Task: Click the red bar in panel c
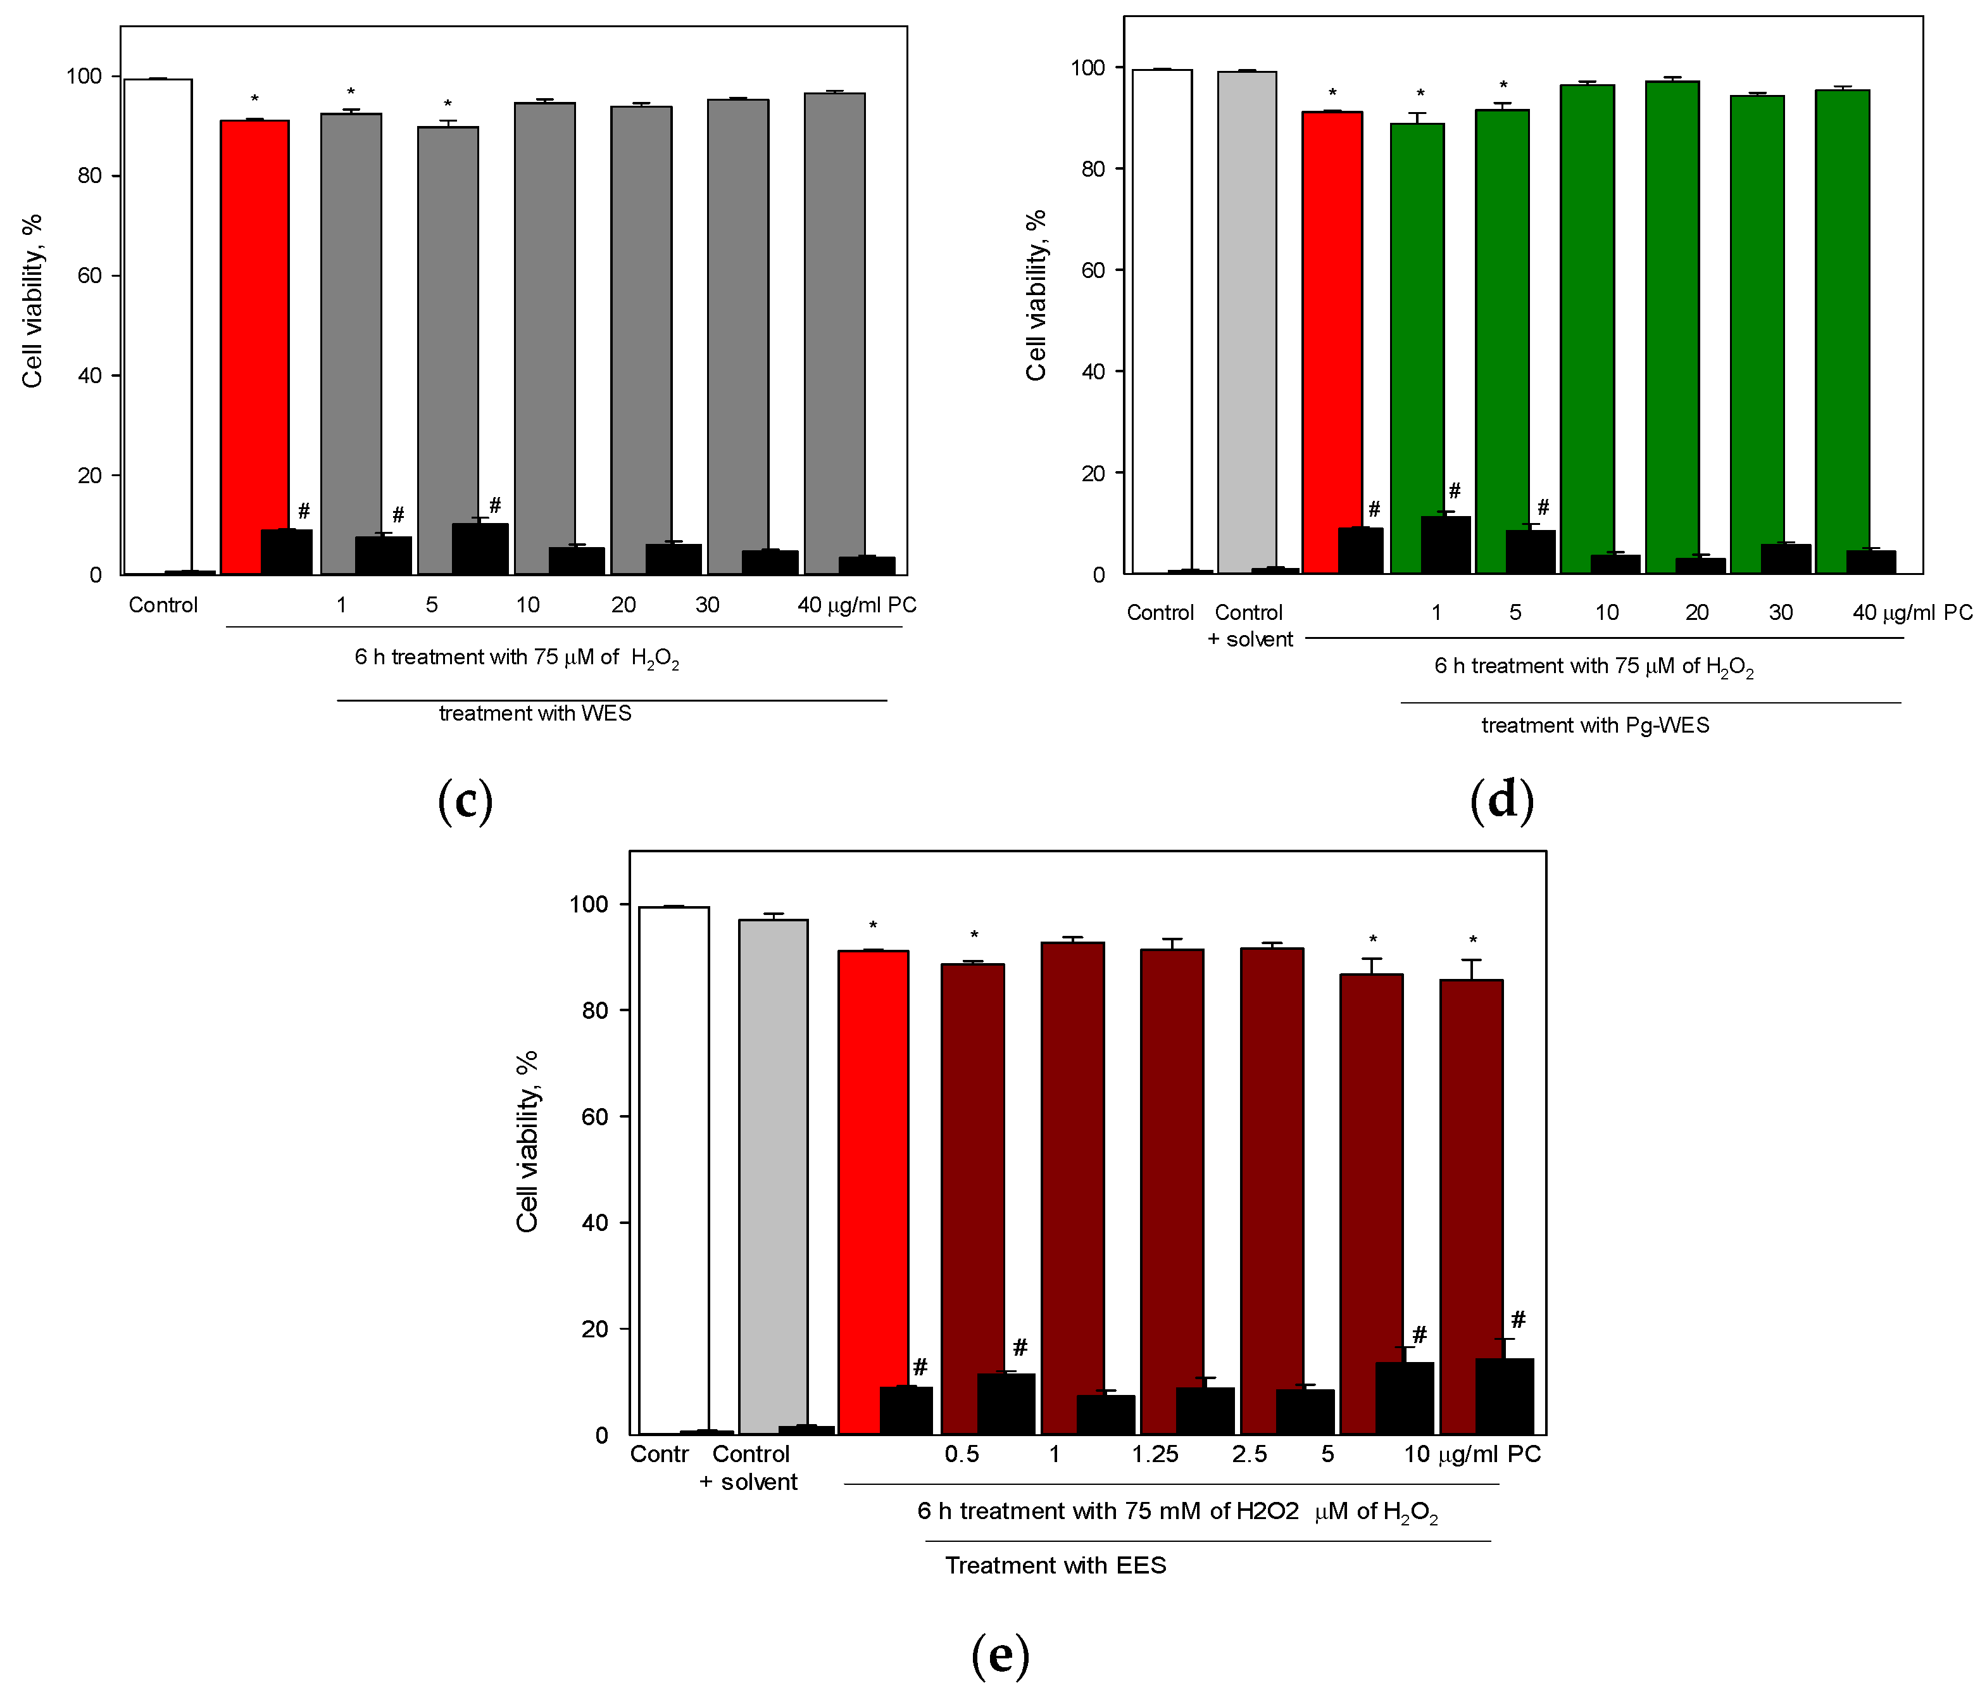(254, 344)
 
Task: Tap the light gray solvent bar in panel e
(773, 1176)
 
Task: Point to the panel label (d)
(1501, 798)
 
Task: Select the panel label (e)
(999, 1653)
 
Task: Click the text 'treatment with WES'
(535, 713)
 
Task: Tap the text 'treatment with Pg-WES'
(1595, 724)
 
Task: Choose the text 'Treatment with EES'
(1055, 1565)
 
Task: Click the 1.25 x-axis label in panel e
(1155, 1454)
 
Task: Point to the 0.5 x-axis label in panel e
(962, 1454)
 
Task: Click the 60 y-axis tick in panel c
(90, 276)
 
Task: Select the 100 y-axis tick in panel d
(1087, 68)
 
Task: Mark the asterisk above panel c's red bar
(254, 99)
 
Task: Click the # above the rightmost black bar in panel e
(1519, 1320)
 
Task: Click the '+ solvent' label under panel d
(1250, 640)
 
